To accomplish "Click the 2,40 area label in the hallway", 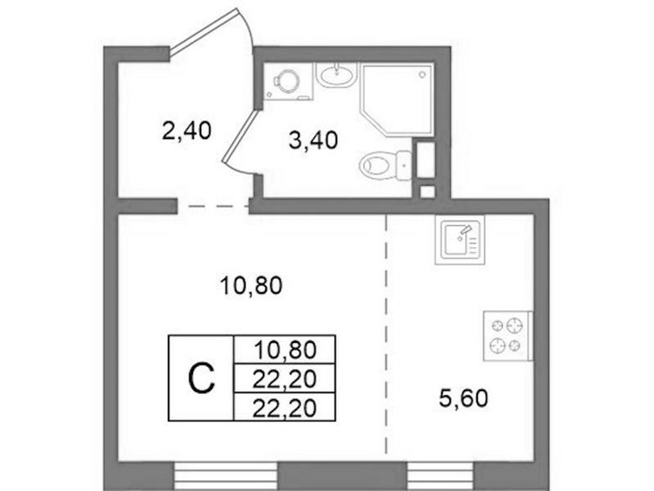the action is pos(187,130).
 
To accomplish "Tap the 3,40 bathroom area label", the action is pos(313,140).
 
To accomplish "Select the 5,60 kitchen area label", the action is pos(463,398).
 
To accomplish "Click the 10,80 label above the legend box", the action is pos(251,286).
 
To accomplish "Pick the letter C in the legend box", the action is pos(202,378).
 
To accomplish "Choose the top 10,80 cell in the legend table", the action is pos(285,349).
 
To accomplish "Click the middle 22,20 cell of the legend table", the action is pos(285,378).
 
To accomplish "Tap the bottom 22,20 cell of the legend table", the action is pos(285,407).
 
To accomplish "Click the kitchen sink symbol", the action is pos(460,240).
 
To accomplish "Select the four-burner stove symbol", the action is pos(507,336).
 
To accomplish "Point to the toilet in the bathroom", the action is pos(385,165).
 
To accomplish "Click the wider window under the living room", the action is pos(225,476).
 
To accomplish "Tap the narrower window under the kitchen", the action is pos(441,476).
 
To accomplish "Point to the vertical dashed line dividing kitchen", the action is pos(386,334).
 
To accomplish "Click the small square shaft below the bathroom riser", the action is pos(427,191).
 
